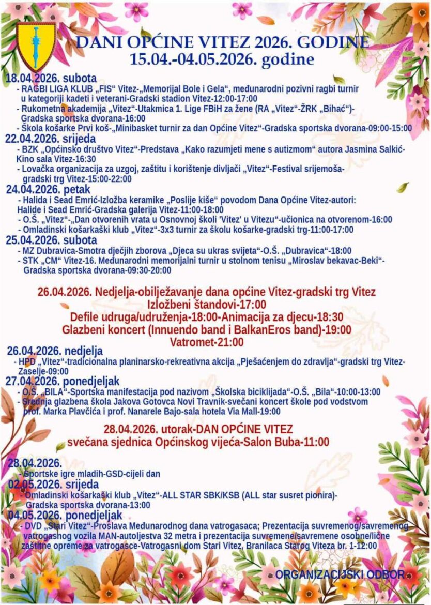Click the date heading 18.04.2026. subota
coord(51,79)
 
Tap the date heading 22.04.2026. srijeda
coord(50,139)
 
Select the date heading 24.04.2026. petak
coord(48,189)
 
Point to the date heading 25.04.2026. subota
coord(51,240)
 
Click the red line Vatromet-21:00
coord(206,342)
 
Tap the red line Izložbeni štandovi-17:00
coord(207,304)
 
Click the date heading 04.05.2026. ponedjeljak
coord(65,515)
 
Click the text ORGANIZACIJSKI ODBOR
coord(340,574)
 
